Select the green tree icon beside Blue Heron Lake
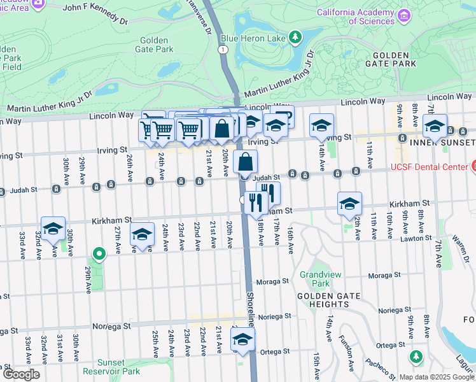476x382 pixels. pyautogui.click(x=295, y=38)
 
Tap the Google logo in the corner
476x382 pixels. pyautogui.click(x=20, y=374)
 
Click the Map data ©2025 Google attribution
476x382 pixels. pyautogui.click(x=437, y=377)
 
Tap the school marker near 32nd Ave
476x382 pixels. pyautogui.click(x=53, y=229)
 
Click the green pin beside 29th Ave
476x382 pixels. pyautogui.click(x=99, y=255)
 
